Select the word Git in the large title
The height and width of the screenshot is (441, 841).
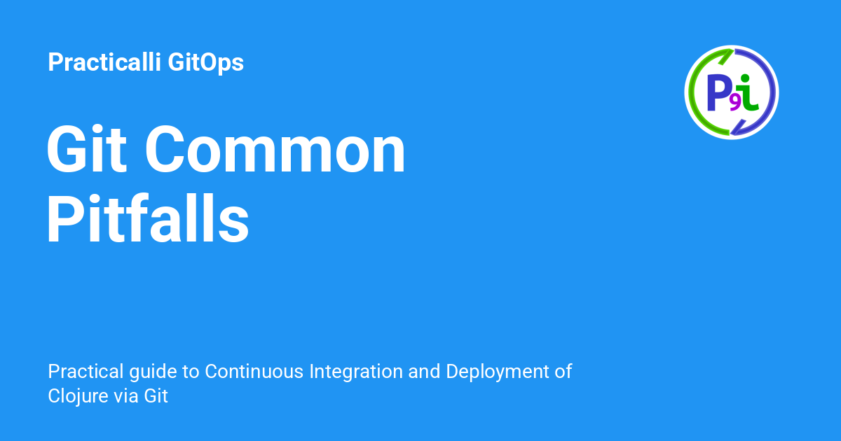(85, 152)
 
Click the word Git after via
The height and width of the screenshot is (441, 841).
(156, 395)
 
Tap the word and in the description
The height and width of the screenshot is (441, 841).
(425, 372)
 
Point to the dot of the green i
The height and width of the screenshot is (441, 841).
(745, 78)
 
